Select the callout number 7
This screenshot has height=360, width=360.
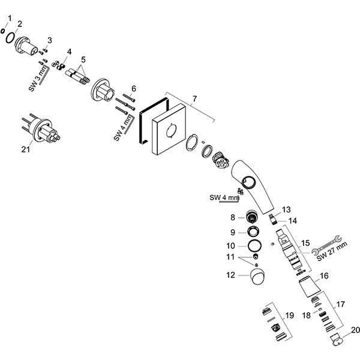pyautogui.click(x=193, y=97)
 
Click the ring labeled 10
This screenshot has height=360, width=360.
pyautogui.click(x=254, y=245)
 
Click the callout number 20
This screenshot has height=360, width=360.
pyautogui.click(x=355, y=329)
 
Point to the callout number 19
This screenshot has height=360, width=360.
pyautogui.click(x=290, y=315)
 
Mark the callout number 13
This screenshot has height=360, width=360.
pyautogui.click(x=286, y=209)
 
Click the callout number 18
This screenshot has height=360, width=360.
pyautogui.click(x=306, y=315)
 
